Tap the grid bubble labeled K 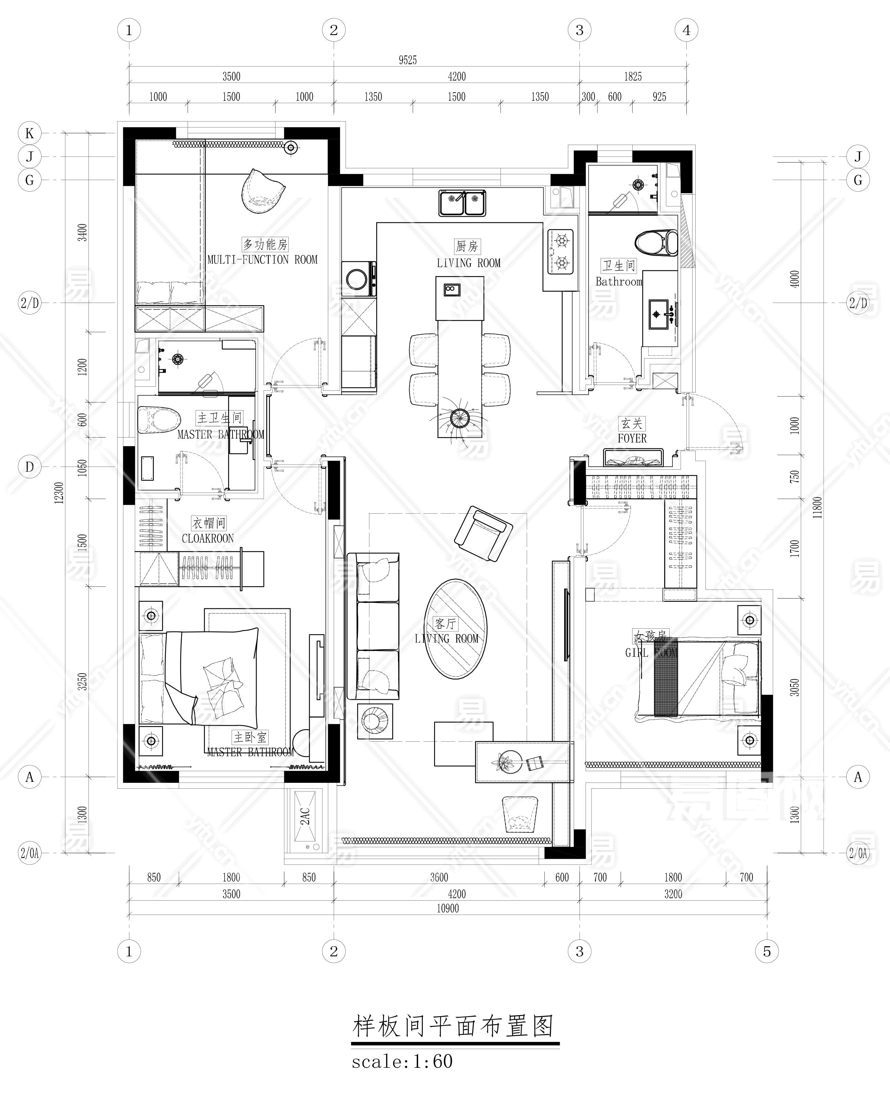coord(30,133)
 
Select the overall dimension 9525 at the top coord(408,60)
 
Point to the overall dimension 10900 coord(448,908)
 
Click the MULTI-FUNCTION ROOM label coord(263,260)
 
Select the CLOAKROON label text coord(208,538)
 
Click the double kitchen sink coord(462,203)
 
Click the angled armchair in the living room coord(483,533)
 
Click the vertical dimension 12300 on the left coord(59,493)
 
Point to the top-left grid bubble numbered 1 coord(129,30)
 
